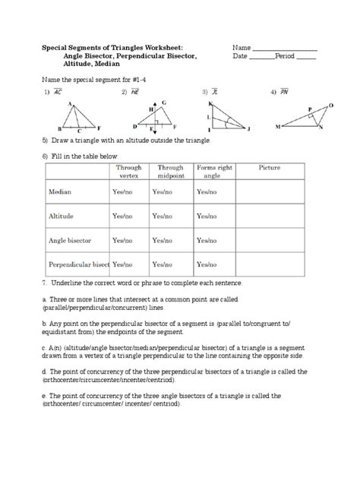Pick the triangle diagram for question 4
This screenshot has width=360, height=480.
click(x=305, y=117)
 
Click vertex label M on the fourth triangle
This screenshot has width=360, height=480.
click(x=277, y=126)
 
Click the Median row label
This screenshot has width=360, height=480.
click(x=60, y=193)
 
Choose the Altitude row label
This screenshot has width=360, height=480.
click(x=62, y=216)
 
